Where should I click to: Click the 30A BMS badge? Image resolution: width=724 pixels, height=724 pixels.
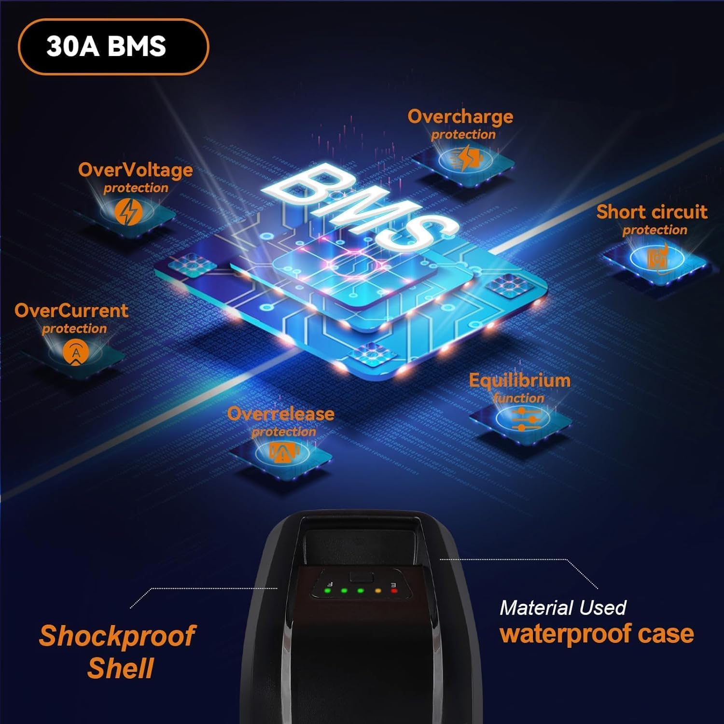click(113, 47)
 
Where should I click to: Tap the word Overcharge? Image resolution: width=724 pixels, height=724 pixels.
click(460, 117)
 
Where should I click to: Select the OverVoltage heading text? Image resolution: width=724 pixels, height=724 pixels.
click(135, 170)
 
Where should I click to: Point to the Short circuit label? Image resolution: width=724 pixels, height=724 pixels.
click(652, 212)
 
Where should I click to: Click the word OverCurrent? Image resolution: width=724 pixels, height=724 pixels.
click(71, 311)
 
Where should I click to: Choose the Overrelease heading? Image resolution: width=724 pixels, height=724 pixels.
click(280, 414)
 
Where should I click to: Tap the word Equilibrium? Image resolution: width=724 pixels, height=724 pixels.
click(519, 380)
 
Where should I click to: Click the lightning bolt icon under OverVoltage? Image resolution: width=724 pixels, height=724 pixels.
click(128, 212)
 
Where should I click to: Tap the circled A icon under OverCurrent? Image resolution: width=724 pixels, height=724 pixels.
click(76, 353)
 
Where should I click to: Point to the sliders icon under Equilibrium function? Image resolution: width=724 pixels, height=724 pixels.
click(523, 419)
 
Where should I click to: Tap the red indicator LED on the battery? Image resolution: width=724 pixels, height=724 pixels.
click(394, 590)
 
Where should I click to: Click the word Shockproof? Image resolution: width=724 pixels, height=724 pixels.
click(117, 636)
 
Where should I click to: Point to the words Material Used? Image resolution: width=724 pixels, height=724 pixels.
click(563, 608)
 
